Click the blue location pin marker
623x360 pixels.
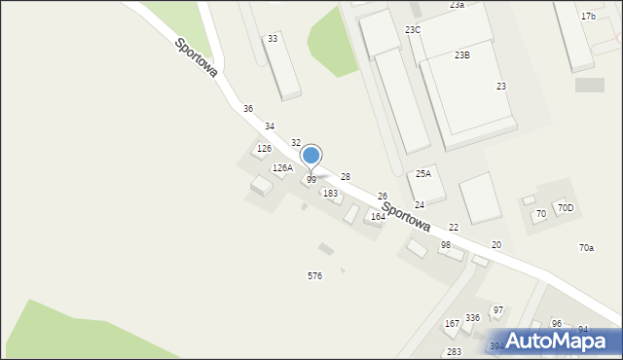pyautogui.click(x=311, y=156)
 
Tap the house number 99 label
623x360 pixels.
pyautogui.click(x=311, y=180)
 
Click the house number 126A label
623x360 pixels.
pyautogui.click(x=282, y=168)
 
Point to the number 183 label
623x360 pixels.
pyautogui.click(x=331, y=194)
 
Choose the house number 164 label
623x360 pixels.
pyautogui.click(x=378, y=217)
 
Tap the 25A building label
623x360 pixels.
pyautogui.click(x=423, y=173)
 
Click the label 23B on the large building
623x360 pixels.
pyautogui.click(x=462, y=55)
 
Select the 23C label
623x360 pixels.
pyautogui.click(x=413, y=30)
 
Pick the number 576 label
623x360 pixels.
pyautogui.click(x=315, y=276)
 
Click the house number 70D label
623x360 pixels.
pyautogui.click(x=566, y=208)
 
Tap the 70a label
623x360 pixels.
pyautogui.click(x=586, y=248)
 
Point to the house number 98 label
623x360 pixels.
pyautogui.click(x=445, y=245)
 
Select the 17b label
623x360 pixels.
pyautogui.click(x=588, y=17)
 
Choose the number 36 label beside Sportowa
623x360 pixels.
pyautogui.click(x=248, y=108)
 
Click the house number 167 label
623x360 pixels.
pyautogui.click(x=452, y=323)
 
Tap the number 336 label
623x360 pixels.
pyautogui.click(x=472, y=318)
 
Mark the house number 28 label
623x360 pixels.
pyautogui.click(x=345, y=176)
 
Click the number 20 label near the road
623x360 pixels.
pyautogui.click(x=496, y=245)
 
